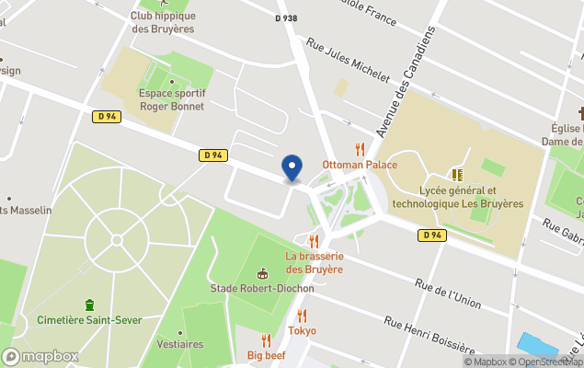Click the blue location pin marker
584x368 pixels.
292,167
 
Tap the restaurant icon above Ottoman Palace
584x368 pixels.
361,149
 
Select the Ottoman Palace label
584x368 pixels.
360,165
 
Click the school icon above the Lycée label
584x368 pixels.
457,174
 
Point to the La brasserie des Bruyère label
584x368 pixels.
314,262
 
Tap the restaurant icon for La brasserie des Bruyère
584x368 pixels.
314,241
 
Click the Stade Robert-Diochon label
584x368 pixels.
261,288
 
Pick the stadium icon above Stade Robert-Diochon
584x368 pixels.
263,272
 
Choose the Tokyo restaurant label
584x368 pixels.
302,330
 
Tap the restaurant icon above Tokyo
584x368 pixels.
302,316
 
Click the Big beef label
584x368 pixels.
267,355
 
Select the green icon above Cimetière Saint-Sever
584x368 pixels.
89,305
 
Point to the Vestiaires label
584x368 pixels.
180,344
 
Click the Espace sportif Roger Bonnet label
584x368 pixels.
171,99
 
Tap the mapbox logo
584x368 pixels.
40,356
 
